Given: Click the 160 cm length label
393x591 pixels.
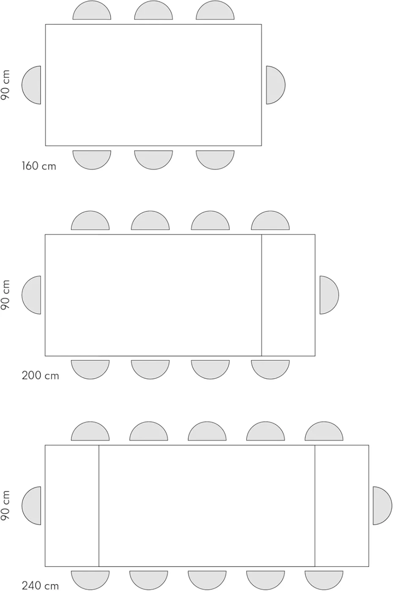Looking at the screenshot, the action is point(39,166).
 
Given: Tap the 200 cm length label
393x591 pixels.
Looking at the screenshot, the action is point(41,375).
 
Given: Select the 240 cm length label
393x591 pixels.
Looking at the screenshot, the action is point(41,586).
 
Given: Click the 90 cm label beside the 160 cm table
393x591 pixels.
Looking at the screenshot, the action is point(5,85).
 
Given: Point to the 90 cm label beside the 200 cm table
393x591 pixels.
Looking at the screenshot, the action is point(5,295).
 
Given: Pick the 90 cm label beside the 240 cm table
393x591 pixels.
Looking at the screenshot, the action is point(5,506).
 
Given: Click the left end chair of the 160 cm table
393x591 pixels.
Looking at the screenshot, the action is point(31,85).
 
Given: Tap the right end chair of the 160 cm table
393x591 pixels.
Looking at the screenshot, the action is point(276,85).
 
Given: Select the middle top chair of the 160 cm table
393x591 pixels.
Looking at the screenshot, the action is point(153,10).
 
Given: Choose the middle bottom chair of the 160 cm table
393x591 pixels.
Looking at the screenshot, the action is point(153,160).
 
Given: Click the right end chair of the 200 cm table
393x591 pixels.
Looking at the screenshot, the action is point(329,295).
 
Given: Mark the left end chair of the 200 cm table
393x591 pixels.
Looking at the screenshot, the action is point(31,295).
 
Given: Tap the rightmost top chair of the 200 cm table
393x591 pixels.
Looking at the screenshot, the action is point(270,220).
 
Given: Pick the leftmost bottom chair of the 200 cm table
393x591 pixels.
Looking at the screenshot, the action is point(90,370).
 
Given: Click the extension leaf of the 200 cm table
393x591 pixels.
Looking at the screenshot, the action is point(288,295).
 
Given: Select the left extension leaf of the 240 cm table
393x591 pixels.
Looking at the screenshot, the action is point(72,506).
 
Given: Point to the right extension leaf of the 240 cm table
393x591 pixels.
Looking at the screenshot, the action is point(342,506).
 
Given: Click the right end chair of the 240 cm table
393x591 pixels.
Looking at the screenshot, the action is point(382,506).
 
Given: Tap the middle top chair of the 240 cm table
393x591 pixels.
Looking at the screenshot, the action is point(207,431).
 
